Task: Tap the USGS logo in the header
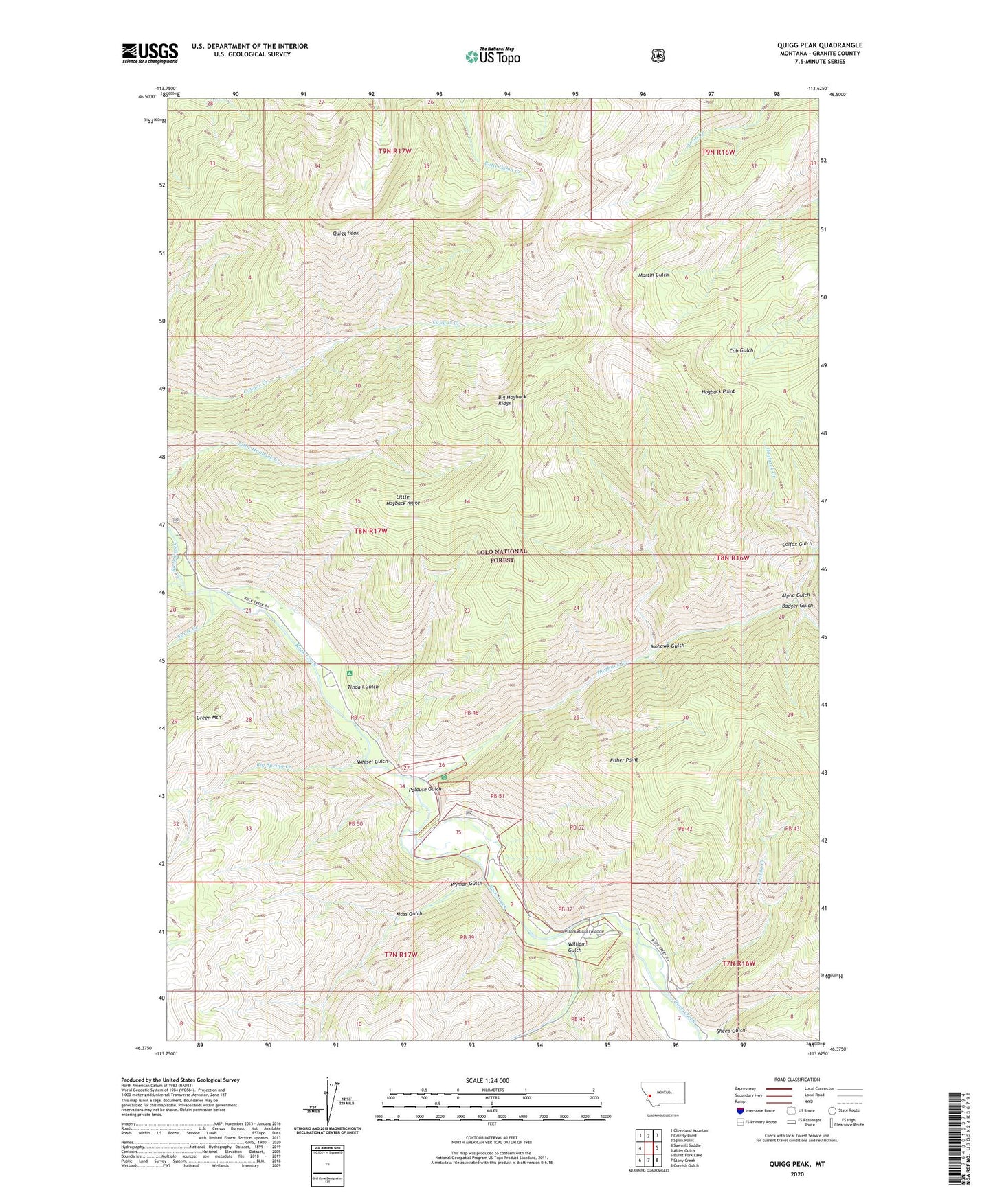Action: tap(150, 53)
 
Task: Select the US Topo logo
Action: tap(492, 56)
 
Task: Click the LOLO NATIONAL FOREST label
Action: tap(502, 556)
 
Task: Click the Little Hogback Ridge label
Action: tap(407, 499)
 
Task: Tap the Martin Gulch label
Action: tap(653, 275)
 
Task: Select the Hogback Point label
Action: tap(718, 391)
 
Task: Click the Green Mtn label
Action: tap(208, 718)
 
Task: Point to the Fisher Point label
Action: tap(624, 760)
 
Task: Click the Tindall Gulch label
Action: tap(363, 687)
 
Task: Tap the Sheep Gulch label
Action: tap(730, 1030)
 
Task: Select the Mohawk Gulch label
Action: tap(667, 646)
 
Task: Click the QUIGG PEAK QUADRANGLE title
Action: tap(820, 45)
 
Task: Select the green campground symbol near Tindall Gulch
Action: tap(349, 673)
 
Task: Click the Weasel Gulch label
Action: tap(372, 761)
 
